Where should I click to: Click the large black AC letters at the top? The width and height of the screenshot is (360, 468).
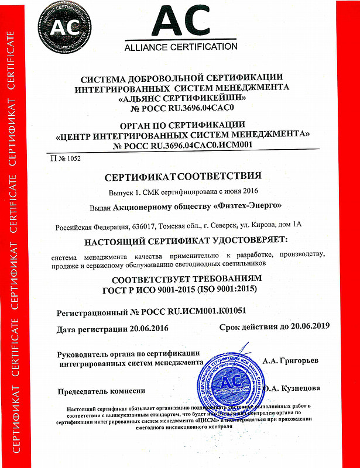tap(180, 22)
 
